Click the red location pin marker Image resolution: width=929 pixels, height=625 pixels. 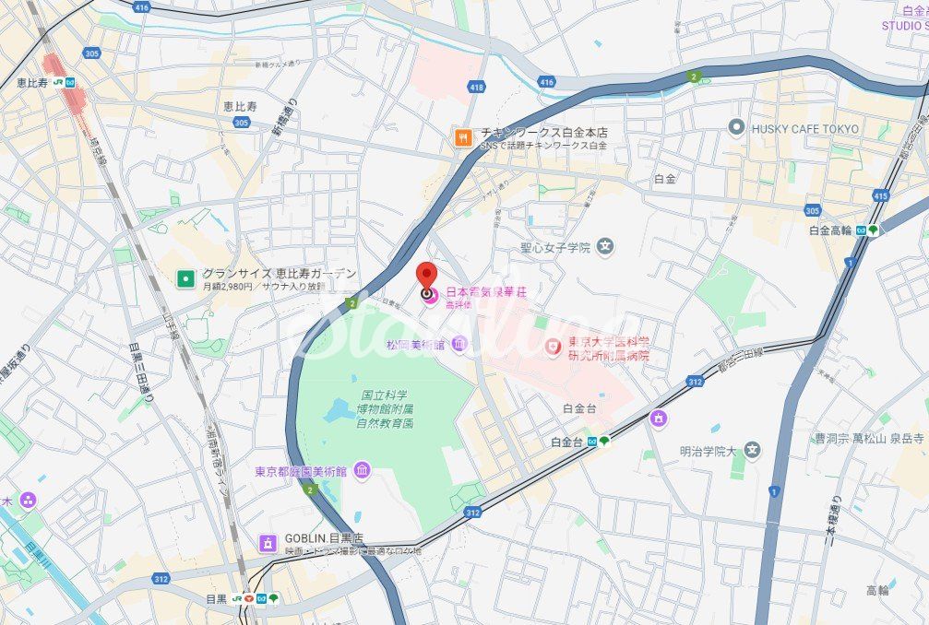(x=426, y=277)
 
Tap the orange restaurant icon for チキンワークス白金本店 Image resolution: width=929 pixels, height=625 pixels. (x=462, y=137)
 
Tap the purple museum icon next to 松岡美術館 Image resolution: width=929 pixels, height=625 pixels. (x=459, y=344)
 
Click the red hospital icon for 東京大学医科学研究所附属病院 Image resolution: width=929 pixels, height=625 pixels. (x=553, y=347)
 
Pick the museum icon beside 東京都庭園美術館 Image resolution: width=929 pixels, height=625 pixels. (x=362, y=471)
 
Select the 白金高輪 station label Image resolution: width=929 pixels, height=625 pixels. (x=830, y=230)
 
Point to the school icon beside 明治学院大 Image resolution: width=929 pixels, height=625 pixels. (x=754, y=450)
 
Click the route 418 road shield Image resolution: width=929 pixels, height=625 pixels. (x=476, y=87)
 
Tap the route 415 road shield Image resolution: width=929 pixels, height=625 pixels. (x=880, y=195)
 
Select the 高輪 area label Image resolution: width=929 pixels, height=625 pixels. (x=877, y=590)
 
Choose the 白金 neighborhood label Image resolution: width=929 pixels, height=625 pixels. (x=664, y=178)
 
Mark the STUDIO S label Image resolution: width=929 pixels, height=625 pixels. (x=904, y=25)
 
